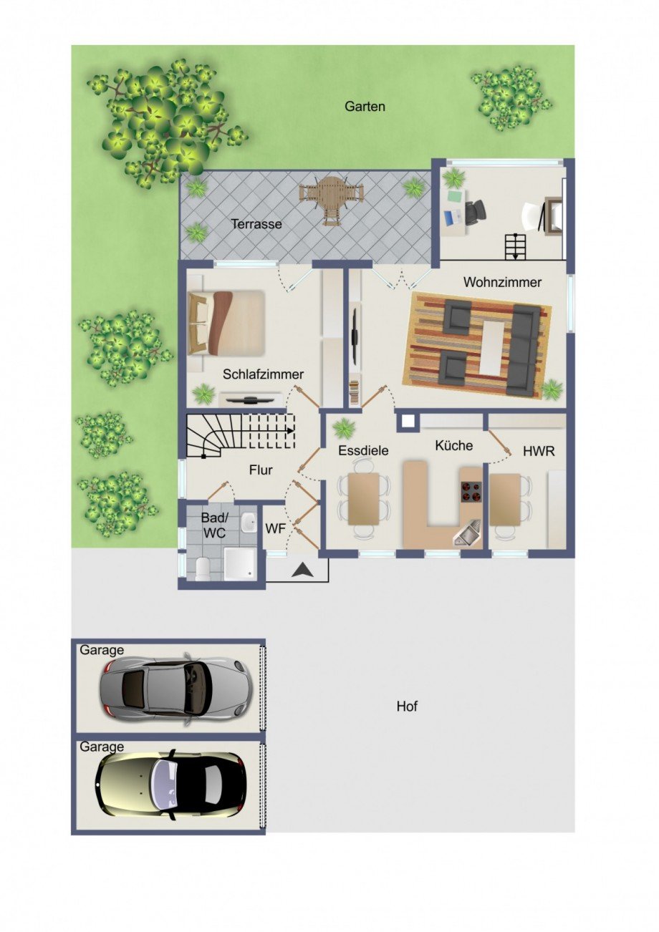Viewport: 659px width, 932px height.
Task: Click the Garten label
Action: click(365, 107)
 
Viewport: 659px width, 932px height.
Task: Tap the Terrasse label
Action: click(256, 224)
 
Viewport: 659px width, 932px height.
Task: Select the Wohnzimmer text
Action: click(502, 282)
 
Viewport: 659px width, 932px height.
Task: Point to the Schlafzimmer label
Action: click(263, 374)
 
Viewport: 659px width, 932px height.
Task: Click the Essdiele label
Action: click(363, 450)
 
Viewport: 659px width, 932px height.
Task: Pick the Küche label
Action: click(453, 445)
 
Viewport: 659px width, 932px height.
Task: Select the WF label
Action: click(275, 528)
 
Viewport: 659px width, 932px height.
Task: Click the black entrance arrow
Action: click(303, 569)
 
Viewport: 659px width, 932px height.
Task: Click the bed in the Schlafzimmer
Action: click(226, 324)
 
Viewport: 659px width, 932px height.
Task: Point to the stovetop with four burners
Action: click(471, 492)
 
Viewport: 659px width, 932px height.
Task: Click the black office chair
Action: click(475, 212)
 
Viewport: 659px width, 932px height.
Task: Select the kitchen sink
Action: click(467, 533)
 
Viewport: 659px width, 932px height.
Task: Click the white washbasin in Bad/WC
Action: click(249, 522)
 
